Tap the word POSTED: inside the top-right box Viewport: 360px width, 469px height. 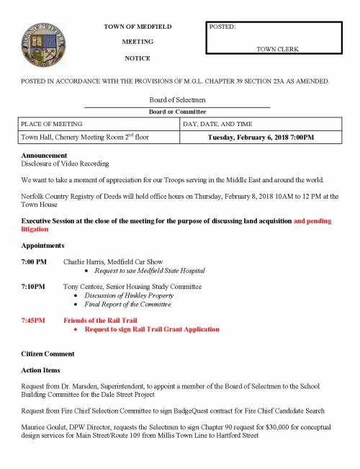point(222,27)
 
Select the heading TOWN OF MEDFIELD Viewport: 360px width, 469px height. point(138,27)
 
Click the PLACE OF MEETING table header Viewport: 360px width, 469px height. point(52,125)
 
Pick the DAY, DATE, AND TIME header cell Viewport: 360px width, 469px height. point(220,125)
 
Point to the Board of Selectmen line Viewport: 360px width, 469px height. point(176,101)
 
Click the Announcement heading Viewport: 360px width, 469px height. point(44,156)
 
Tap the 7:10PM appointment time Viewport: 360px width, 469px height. point(33,287)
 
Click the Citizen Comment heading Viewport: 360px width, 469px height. point(48,354)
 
